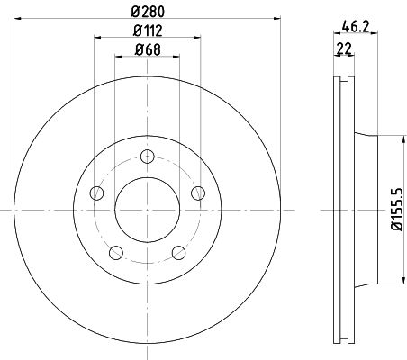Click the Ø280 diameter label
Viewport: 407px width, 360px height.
coord(148,12)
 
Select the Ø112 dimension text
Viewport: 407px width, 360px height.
coord(148,31)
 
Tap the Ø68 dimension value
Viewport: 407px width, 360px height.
coord(148,49)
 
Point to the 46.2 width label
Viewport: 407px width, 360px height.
coord(355,27)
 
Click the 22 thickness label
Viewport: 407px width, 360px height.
coord(344,49)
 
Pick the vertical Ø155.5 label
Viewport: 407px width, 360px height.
coord(396,209)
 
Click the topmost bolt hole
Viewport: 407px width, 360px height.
coord(148,157)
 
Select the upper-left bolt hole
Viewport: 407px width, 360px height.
coord(96,193)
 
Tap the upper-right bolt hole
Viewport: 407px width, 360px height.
coord(198,193)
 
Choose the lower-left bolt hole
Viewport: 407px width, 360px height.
coord(116,253)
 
